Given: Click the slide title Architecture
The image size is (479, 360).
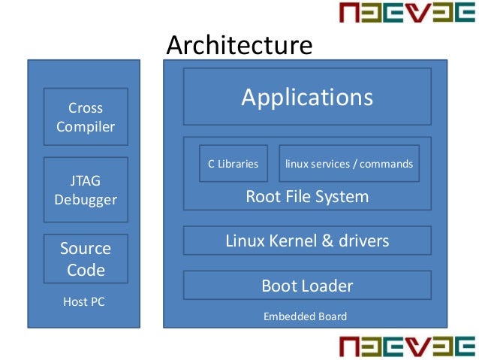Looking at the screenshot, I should coord(239,45).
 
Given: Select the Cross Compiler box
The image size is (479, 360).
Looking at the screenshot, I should coord(86,116).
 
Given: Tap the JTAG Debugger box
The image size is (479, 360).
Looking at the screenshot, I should coord(86,189).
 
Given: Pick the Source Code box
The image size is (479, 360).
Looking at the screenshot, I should coord(86,259).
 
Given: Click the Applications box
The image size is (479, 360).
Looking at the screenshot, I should coord(307,98).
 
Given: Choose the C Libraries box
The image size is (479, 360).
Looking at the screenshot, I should coord(233,164).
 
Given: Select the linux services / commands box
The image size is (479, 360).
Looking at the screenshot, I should coord(349,164).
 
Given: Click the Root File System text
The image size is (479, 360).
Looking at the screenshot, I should coord(307,197).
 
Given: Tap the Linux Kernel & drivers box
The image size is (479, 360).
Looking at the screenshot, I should coord(307,241).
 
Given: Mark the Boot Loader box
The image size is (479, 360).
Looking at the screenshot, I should coord(307,286).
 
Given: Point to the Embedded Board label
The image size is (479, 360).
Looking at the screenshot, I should coord(305,316).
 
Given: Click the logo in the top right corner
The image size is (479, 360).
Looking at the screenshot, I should coord(406,14).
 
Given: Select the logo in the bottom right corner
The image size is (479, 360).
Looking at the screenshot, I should coord(406,346).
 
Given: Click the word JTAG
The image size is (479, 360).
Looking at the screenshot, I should coord(86,181).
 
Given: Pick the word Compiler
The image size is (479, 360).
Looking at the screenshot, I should coord(86,126).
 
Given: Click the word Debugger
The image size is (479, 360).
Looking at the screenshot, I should coord(86,200).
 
